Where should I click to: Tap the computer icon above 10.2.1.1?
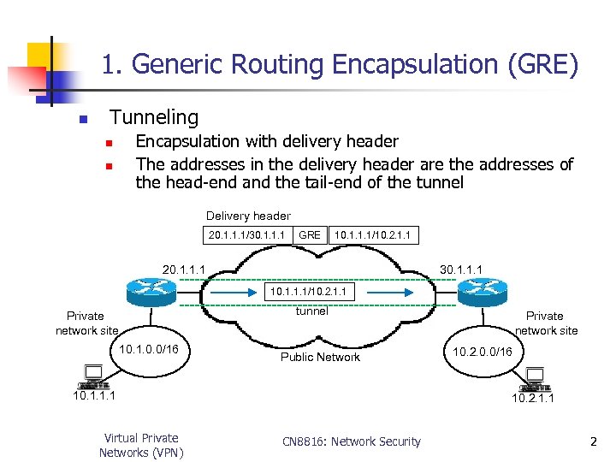(x=535, y=376)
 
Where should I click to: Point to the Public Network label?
(x=320, y=357)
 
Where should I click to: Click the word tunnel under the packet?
(x=311, y=311)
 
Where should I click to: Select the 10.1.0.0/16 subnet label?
(x=150, y=349)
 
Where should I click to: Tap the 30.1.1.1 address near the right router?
(x=461, y=269)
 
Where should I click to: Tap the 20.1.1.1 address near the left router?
(x=184, y=269)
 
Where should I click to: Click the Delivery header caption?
(x=248, y=216)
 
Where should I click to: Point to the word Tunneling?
(x=154, y=117)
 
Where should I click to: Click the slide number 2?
(x=592, y=441)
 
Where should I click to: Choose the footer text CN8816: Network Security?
(x=352, y=441)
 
